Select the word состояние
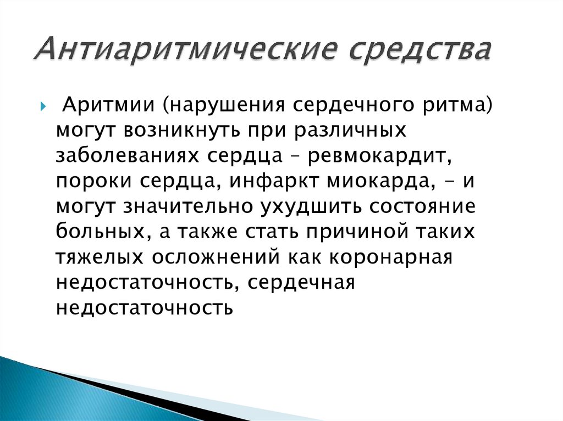421,207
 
